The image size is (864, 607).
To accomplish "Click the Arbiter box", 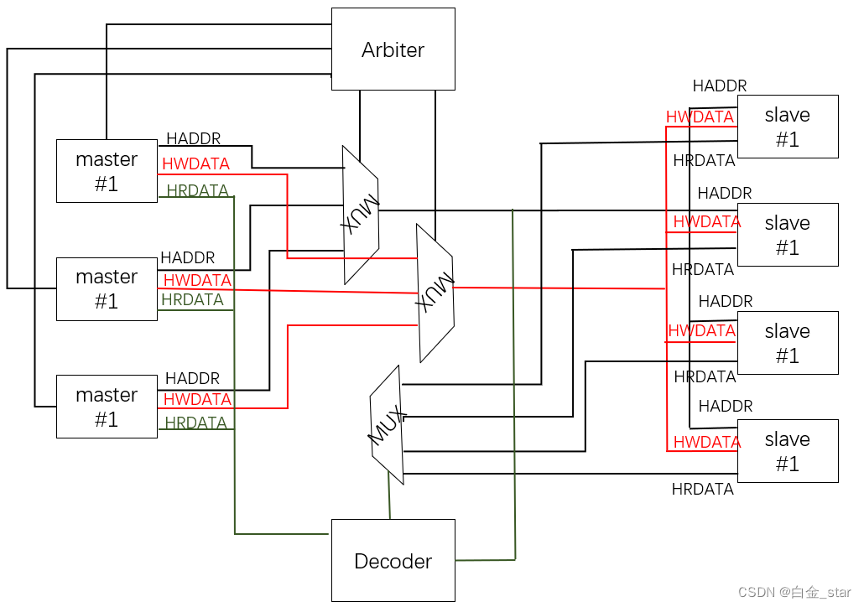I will click(393, 49).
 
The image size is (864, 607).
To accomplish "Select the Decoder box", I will click(393, 561).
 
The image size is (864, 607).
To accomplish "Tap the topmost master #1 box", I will click(107, 171).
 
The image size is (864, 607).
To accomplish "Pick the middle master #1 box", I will click(107, 289).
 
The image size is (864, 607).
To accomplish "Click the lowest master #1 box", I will click(107, 407).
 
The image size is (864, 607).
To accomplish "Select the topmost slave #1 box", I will click(787, 127).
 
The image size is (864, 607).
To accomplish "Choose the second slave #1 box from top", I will click(787, 236).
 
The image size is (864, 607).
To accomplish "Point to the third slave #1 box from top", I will click(787, 343).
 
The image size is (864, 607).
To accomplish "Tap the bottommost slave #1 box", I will click(787, 451).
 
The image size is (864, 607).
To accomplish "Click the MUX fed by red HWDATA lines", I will click(435, 293).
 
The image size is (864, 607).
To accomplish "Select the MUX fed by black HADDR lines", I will click(361, 215).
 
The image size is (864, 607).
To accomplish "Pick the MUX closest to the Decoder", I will click(387, 425).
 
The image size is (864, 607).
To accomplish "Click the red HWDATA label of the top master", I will click(195, 163).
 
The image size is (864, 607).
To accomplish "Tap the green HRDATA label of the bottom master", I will click(195, 423).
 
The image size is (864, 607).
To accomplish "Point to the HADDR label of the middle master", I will click(187, 257).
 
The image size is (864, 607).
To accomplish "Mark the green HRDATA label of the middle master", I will click(192, 299).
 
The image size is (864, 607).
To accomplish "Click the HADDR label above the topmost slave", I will click(719, 86).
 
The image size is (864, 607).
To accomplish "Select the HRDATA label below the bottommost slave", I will click(702, 489).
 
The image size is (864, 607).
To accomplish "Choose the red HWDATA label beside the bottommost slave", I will click(706, 442).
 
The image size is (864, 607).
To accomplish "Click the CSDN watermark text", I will click(794, 592).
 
